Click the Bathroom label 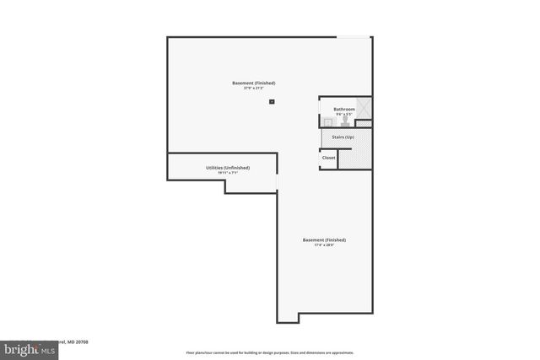coord(344,109)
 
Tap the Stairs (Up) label coord(343,137)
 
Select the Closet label coord(328,158)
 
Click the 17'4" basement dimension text coord(324,245)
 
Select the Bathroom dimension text coord(343,114)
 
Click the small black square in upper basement coord(272,101)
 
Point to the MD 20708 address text coord(78,342)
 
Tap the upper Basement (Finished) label coord(254,83)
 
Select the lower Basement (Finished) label coord(324,239)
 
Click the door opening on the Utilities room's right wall coord(277,182)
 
